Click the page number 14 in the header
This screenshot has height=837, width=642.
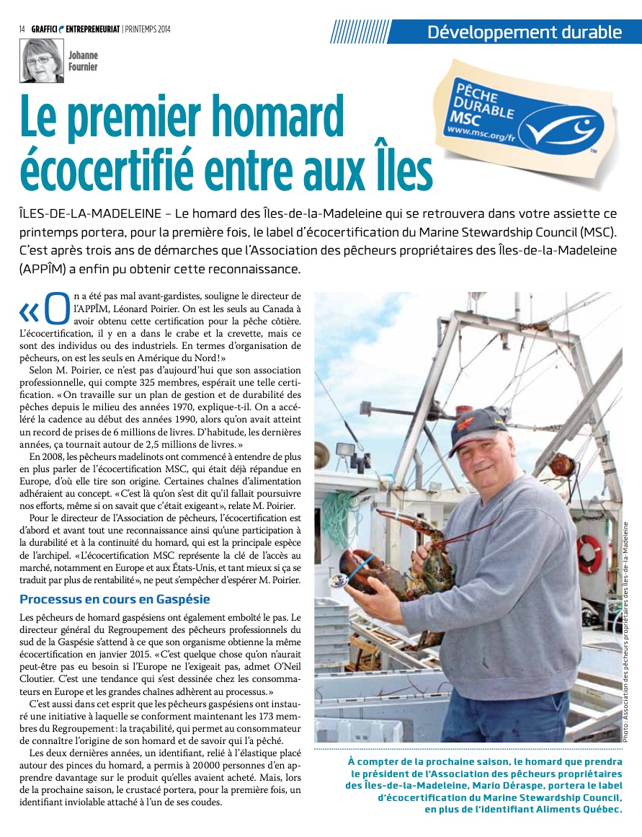[22, 29]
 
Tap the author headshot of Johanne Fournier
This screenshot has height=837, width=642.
[41, 61]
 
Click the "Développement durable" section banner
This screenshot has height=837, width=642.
[524, 32]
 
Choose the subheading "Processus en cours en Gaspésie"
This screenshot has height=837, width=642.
[115, 599]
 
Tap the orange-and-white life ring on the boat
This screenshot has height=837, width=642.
[589, 553]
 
